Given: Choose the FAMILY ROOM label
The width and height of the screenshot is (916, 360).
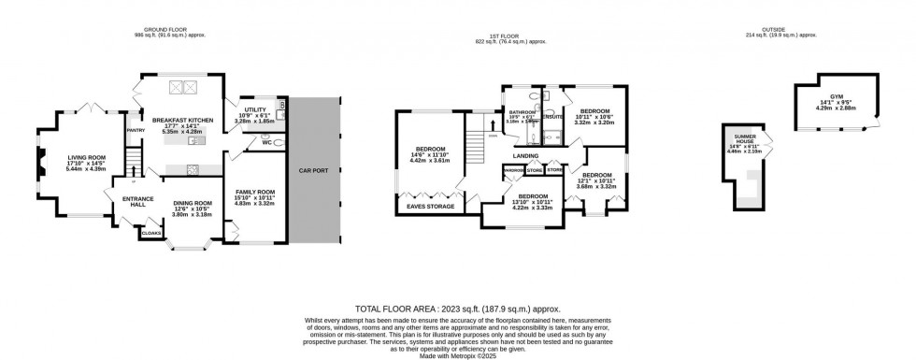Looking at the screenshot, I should click(x=252, y=191).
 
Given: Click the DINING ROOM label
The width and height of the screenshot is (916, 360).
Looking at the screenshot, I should click(x=191, y=203).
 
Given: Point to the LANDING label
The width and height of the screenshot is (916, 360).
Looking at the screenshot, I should click(x=523, y=156).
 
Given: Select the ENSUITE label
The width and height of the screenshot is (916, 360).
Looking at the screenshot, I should click(x=551, y=117).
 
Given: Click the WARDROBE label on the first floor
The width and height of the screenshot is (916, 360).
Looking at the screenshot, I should click(x=513, y=171).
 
